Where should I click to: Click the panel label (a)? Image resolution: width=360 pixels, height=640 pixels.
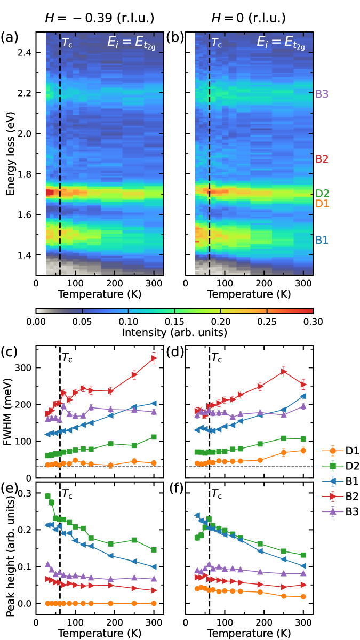(10, 38)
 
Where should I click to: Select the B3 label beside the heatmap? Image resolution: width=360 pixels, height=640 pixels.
(322, 94)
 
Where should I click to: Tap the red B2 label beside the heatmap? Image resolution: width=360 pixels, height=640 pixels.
(322, 159)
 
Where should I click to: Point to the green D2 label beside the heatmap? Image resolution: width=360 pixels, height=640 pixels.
(322, 193)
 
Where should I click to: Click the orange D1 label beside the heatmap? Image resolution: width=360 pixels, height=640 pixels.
(322, 203)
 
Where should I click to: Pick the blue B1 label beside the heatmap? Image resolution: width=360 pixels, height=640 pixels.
(322, 240)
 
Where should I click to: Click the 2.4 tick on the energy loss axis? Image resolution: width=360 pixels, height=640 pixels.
(24, 52)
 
